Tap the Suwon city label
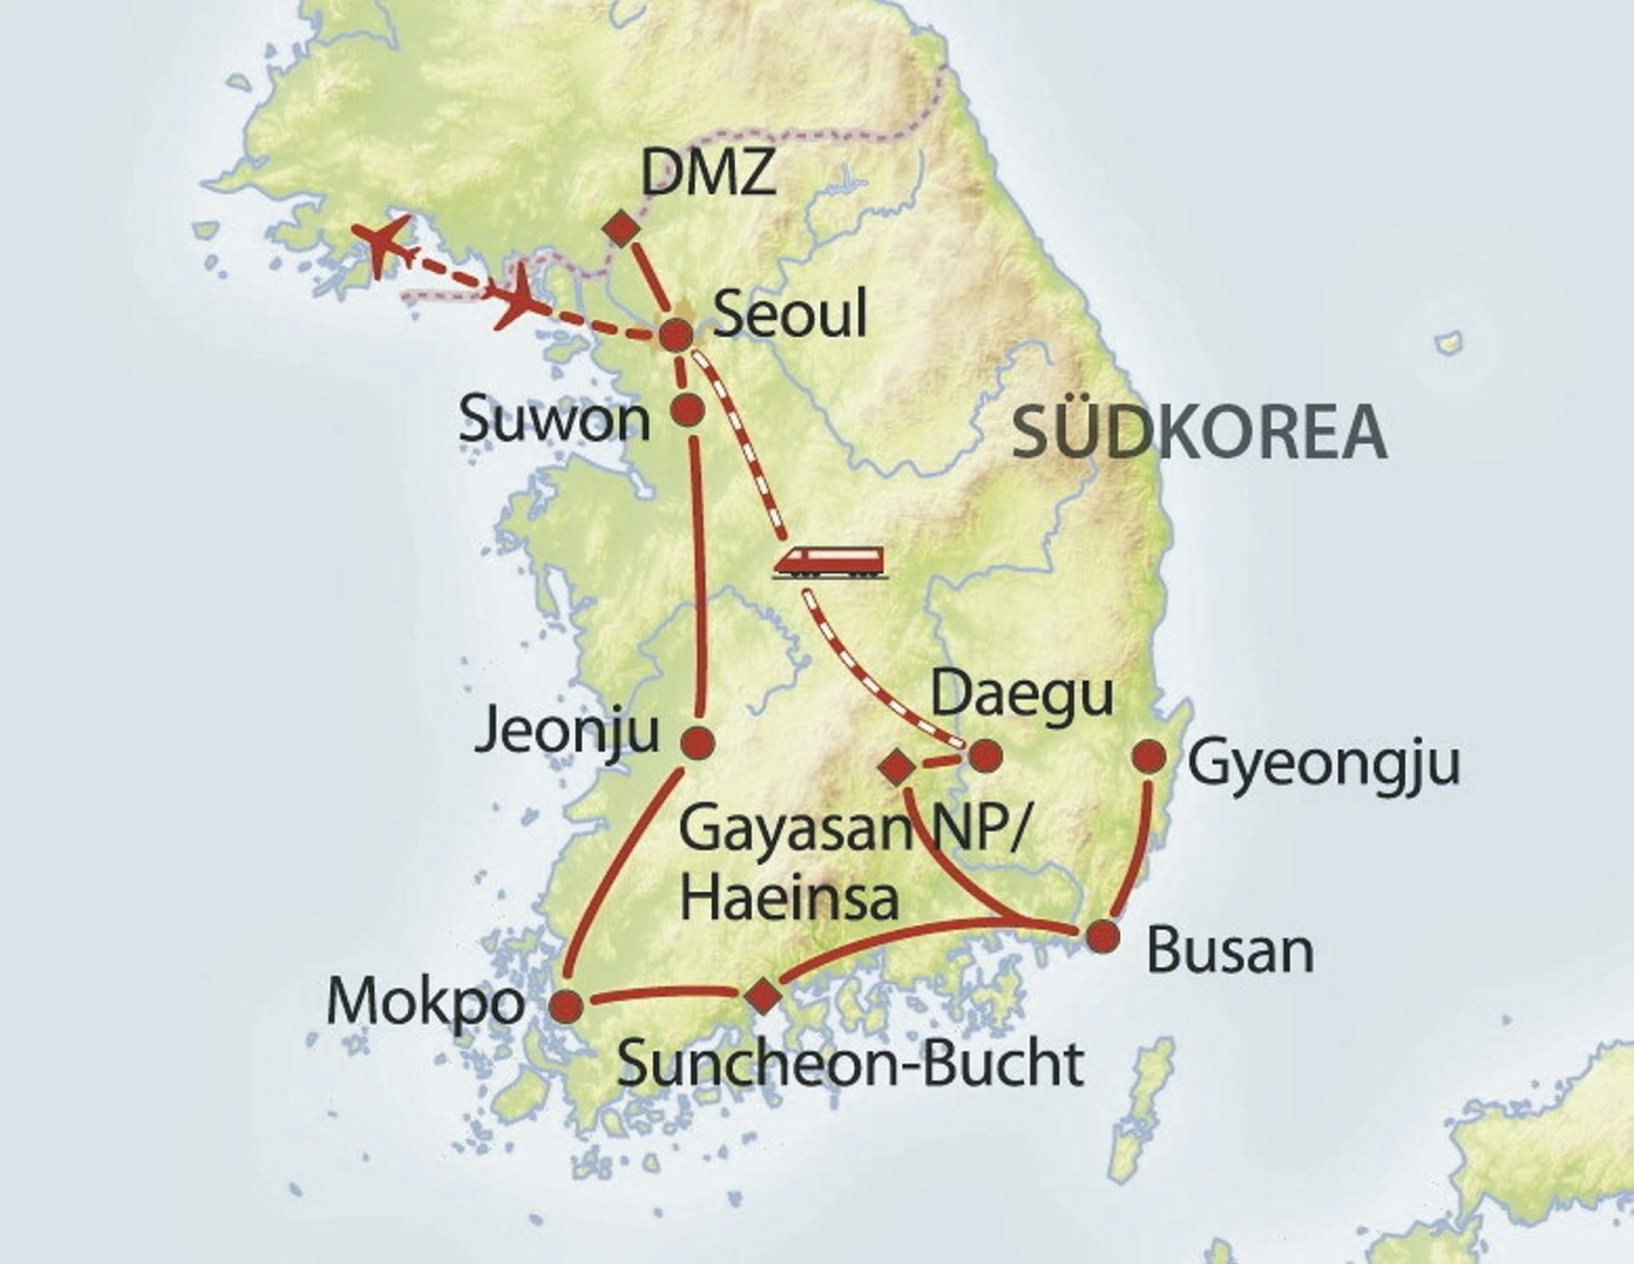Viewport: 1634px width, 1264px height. [554, 420]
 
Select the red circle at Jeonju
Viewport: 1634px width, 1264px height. [699, 742]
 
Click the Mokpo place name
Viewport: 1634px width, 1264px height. [425, 1002]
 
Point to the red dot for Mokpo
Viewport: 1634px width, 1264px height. [568, 1007]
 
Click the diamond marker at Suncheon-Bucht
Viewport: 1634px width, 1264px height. [762, 994]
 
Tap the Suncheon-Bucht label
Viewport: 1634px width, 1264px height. [850, 1063]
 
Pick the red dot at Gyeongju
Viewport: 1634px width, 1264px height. [1150, 756]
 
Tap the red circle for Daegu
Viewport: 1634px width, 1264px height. [986, 755]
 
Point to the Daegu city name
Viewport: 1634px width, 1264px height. [1022, 695]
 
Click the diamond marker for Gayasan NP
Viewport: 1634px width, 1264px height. [897, 767]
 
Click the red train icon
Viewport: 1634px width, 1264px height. [828, 563]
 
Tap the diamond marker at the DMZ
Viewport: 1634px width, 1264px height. [622, 229]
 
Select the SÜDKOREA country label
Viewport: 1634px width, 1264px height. [1198, 432]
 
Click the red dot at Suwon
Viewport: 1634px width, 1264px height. [688, 409]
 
